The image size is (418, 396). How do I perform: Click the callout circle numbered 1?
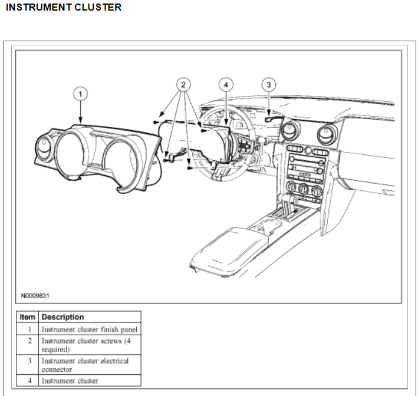pos(80,93)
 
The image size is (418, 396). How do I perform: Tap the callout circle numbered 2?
pos(183,85)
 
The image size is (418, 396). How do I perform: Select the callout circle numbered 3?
pos(268,85)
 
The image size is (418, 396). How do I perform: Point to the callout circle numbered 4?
pos(226,85)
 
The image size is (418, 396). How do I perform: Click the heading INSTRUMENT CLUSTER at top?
pos(64,8)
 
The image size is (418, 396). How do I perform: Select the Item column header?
pos(27,316)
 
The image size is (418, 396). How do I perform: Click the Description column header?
pos(62,316)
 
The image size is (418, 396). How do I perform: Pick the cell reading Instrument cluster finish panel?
pos(89,329)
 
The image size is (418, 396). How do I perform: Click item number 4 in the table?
pos(29,381)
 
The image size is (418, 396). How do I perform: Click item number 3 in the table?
pos(29,361)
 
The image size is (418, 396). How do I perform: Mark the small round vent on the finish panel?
pos(45,144)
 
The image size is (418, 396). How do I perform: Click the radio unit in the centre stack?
pos(307,166)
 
